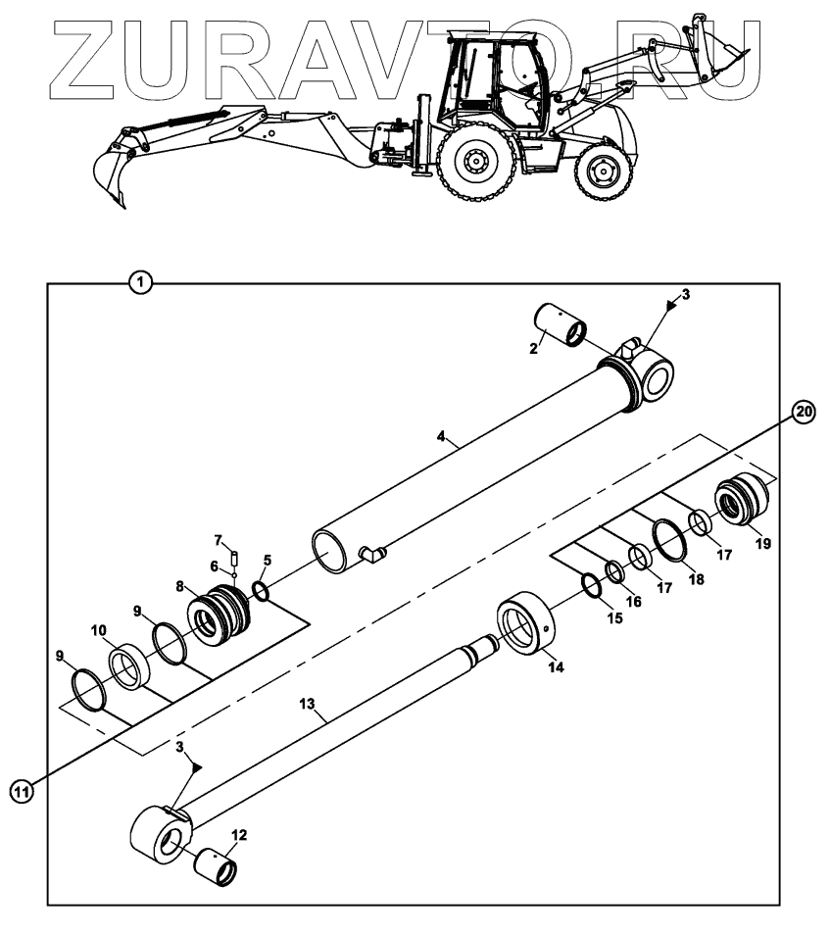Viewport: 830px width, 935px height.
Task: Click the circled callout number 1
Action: pos(142,283)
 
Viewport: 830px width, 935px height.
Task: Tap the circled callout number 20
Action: pos(803,413)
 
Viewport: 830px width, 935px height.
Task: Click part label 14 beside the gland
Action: pos(556,667)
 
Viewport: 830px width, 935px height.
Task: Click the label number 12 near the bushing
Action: pos(239,835)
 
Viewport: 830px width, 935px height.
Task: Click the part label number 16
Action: pos(634,601)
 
